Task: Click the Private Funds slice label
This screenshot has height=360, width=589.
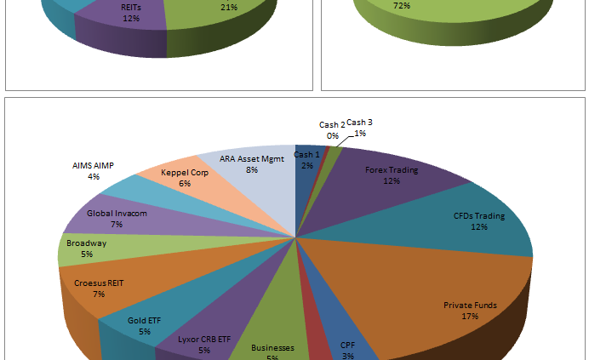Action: pos(470,305)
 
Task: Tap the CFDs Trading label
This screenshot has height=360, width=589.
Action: pos(478,216)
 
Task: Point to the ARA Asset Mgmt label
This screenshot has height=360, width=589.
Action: pos(251,159)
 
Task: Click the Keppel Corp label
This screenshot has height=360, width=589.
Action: pos(185,173)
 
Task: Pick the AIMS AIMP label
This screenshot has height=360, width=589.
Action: pos(93,166)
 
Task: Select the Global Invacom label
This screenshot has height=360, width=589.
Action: pos(117,214)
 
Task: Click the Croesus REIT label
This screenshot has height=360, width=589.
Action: pos(99,283)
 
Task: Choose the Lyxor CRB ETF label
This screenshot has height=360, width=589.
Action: pos(204,339)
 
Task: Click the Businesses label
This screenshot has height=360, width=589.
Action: pos(272,348)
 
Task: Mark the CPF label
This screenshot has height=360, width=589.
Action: pos(347,346)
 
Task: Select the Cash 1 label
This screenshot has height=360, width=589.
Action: pos(306,154)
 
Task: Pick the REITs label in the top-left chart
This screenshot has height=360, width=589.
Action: pos(130,7)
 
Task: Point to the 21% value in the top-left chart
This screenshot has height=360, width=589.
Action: pos(228,7)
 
